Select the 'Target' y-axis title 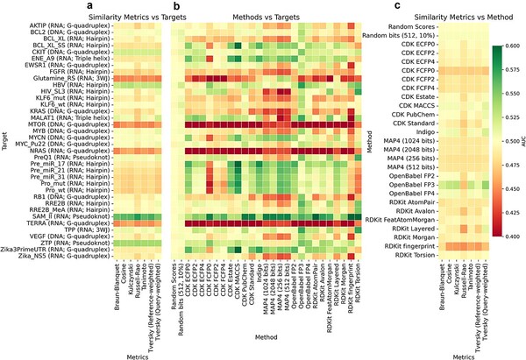pos(6,138)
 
